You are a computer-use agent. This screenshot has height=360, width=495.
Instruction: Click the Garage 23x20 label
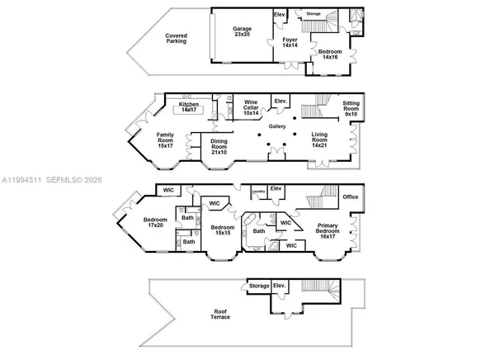(242, 32)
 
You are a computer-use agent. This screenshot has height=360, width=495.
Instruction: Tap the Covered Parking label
(176, 38)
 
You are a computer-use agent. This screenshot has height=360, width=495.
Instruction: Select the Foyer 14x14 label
(290, 42)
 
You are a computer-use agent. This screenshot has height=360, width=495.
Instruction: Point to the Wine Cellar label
(251, 108)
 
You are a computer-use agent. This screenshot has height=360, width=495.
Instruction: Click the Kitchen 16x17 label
(190, 107)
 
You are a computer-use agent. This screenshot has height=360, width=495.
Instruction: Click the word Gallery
(277, 126)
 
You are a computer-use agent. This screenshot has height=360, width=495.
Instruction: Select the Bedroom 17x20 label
(156, 223)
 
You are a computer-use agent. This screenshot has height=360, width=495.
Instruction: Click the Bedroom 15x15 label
(221, 230)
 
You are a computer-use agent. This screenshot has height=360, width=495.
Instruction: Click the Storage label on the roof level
(258, 287)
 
